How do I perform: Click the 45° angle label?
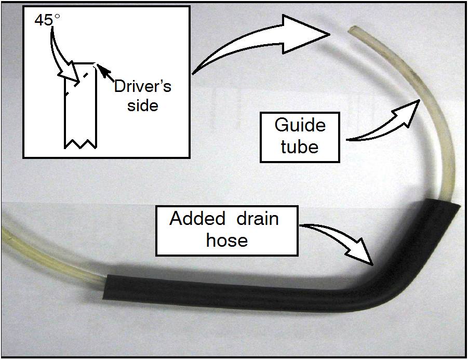[x=48, y=21]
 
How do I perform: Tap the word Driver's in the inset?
[x=143, y=86]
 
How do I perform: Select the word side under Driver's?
[x=143, y=105]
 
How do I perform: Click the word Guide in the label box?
[x=300, y=126]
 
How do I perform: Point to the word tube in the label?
[x=300, y=146]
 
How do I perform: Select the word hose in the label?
[x=227, y=240]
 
